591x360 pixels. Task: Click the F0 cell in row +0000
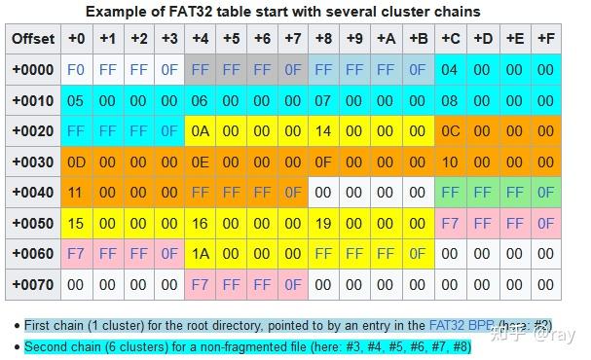tap(77, 70)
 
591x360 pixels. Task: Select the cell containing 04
tap(449, 70)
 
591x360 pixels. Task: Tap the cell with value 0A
tap(201, 131)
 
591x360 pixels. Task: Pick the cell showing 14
tap(324, 131)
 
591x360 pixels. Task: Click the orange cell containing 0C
tap(449, 131)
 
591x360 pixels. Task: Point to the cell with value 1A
tap(201, 254)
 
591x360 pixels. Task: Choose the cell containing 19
tap(324, 224)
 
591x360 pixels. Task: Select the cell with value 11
tap(77, 193)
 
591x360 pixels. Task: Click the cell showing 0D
tap(77, 162)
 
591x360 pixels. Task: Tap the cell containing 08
tap(449, 100)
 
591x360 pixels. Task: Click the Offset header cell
tap(33, 39)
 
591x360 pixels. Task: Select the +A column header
tap(387, 39)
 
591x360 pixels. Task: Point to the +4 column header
tap(201, 39)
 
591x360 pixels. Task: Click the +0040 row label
tap(33, 193)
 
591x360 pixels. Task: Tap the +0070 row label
tap(33, 285)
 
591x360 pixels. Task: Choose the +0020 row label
tap(33, 131)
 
